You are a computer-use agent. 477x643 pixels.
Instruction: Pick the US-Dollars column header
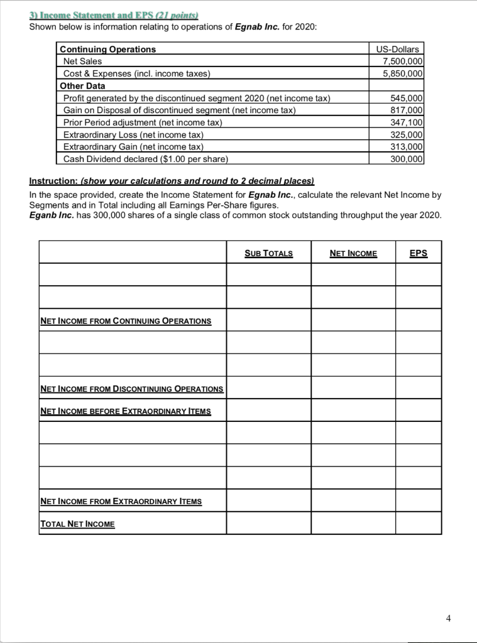[397, 49]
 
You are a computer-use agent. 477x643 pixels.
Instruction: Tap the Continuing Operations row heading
[107, 49]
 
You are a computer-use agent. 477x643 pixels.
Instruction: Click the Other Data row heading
[82, 85]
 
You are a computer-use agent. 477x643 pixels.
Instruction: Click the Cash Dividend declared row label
[146, 158]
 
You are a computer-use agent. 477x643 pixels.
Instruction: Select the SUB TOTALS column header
[268, 253]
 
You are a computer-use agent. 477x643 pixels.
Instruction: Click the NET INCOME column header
[353, 253]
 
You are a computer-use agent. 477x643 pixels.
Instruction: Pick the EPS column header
[418, 253]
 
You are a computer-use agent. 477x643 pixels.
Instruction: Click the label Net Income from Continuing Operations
[126, 321]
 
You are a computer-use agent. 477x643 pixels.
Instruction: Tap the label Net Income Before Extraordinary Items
[126, 411]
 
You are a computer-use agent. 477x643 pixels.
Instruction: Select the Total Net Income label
[77, 524]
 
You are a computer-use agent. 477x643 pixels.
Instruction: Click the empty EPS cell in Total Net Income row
[418, 523]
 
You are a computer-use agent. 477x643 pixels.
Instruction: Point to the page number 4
[448, 618]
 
